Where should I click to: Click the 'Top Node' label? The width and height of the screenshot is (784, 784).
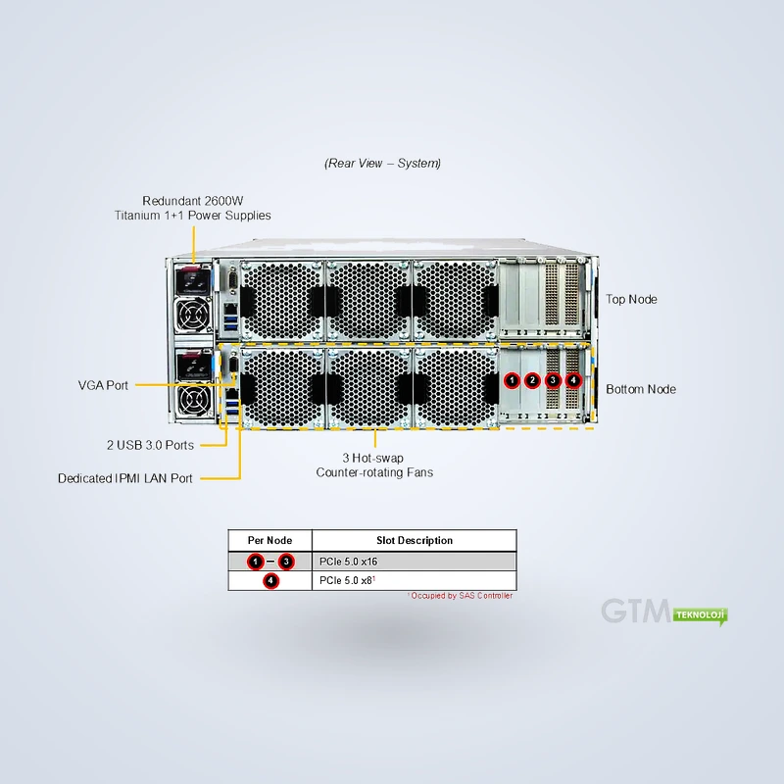pos(631,299)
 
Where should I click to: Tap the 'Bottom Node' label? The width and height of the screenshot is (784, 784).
pos(641,389)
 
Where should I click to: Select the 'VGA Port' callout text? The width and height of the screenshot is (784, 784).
pos(103,385)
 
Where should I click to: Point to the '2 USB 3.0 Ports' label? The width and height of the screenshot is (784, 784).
pos(150,445)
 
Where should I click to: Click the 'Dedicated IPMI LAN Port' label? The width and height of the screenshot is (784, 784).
pos(125,478)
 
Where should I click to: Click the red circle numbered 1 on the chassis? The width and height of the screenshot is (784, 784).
pos(512,380)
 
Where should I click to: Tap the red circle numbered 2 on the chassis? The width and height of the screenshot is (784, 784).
pos(532,380)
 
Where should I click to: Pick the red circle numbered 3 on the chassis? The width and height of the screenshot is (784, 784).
pos(553,380)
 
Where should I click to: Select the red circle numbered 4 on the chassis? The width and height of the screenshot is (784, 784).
pos(573,380)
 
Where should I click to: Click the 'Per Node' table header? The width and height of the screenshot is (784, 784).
pos(270,541)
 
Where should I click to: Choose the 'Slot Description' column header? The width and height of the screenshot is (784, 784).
pos(415,541)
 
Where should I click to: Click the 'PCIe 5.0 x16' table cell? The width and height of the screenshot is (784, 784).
pos(349,562)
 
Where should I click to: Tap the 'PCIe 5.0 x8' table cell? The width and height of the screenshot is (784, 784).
pos(346,580)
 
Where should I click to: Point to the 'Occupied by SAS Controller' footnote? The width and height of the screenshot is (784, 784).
pos(460,596)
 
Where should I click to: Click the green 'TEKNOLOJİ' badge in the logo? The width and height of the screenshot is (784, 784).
pos(700,615)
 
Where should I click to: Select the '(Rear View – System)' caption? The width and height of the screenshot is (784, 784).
pos(382,163)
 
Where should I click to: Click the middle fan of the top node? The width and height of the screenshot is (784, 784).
pos(368,300)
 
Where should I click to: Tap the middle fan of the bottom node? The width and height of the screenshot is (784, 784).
pos(368,388)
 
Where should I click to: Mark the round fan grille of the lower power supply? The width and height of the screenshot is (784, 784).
pos(193,400)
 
